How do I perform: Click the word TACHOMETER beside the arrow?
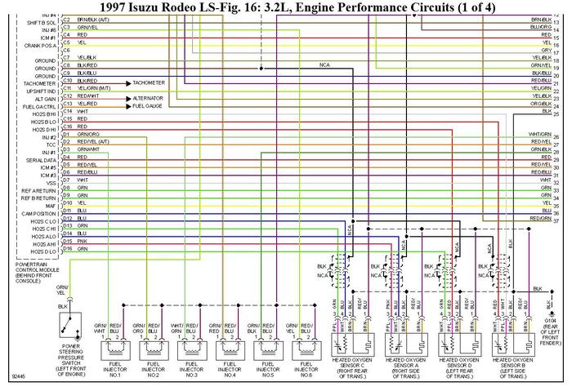(148, 82)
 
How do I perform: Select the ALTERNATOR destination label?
(149, 98)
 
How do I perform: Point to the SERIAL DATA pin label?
(39, 160)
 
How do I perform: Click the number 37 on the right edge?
(556, 220)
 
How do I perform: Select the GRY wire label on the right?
(545, 51)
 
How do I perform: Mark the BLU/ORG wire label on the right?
(541, 26)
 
